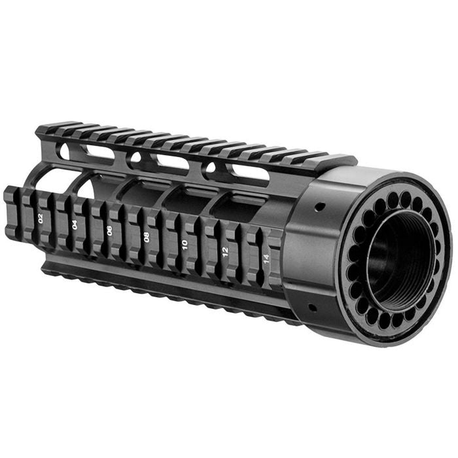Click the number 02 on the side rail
(41, 219)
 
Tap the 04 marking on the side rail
(75, 224)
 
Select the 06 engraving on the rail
(109, 230)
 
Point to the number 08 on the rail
(147, 237)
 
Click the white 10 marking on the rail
(185, 244)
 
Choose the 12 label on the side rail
(225, 251)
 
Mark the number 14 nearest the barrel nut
(266, 259)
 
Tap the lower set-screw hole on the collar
(312, 306)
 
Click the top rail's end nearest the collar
(347, 160)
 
